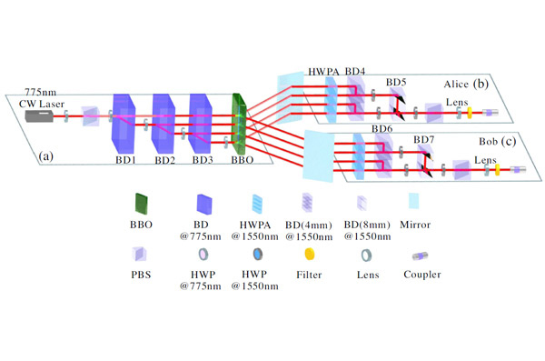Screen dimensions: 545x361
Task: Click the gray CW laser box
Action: [39, 115]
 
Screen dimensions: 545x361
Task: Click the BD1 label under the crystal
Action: [126, 160]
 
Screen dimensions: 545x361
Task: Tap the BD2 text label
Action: [164, 160]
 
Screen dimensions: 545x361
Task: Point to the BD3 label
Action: [203, 160]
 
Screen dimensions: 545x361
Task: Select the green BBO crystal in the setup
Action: [239, 124]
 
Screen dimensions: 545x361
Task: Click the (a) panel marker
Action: [46, 156]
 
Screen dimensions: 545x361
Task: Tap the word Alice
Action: [456, 85]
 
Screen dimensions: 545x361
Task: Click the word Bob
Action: [488, 142]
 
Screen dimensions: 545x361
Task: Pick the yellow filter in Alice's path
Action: [470, 113]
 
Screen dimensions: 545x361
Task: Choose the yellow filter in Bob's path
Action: [498, 170]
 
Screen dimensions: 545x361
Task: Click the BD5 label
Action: [396, 83]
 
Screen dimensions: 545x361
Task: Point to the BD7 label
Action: [423, 140]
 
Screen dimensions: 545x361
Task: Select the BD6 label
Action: [382, 129]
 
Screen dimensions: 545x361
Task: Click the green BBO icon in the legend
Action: [141, 204]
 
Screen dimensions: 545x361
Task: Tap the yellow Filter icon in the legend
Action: [309, 254]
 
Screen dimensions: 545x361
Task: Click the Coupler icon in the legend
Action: [420, 256]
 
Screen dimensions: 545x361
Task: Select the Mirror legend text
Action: [415, 225]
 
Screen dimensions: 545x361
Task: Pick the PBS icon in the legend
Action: [139, 254]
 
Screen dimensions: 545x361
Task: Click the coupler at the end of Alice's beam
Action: [490, 113]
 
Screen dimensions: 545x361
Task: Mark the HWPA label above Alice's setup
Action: [323, 72]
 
